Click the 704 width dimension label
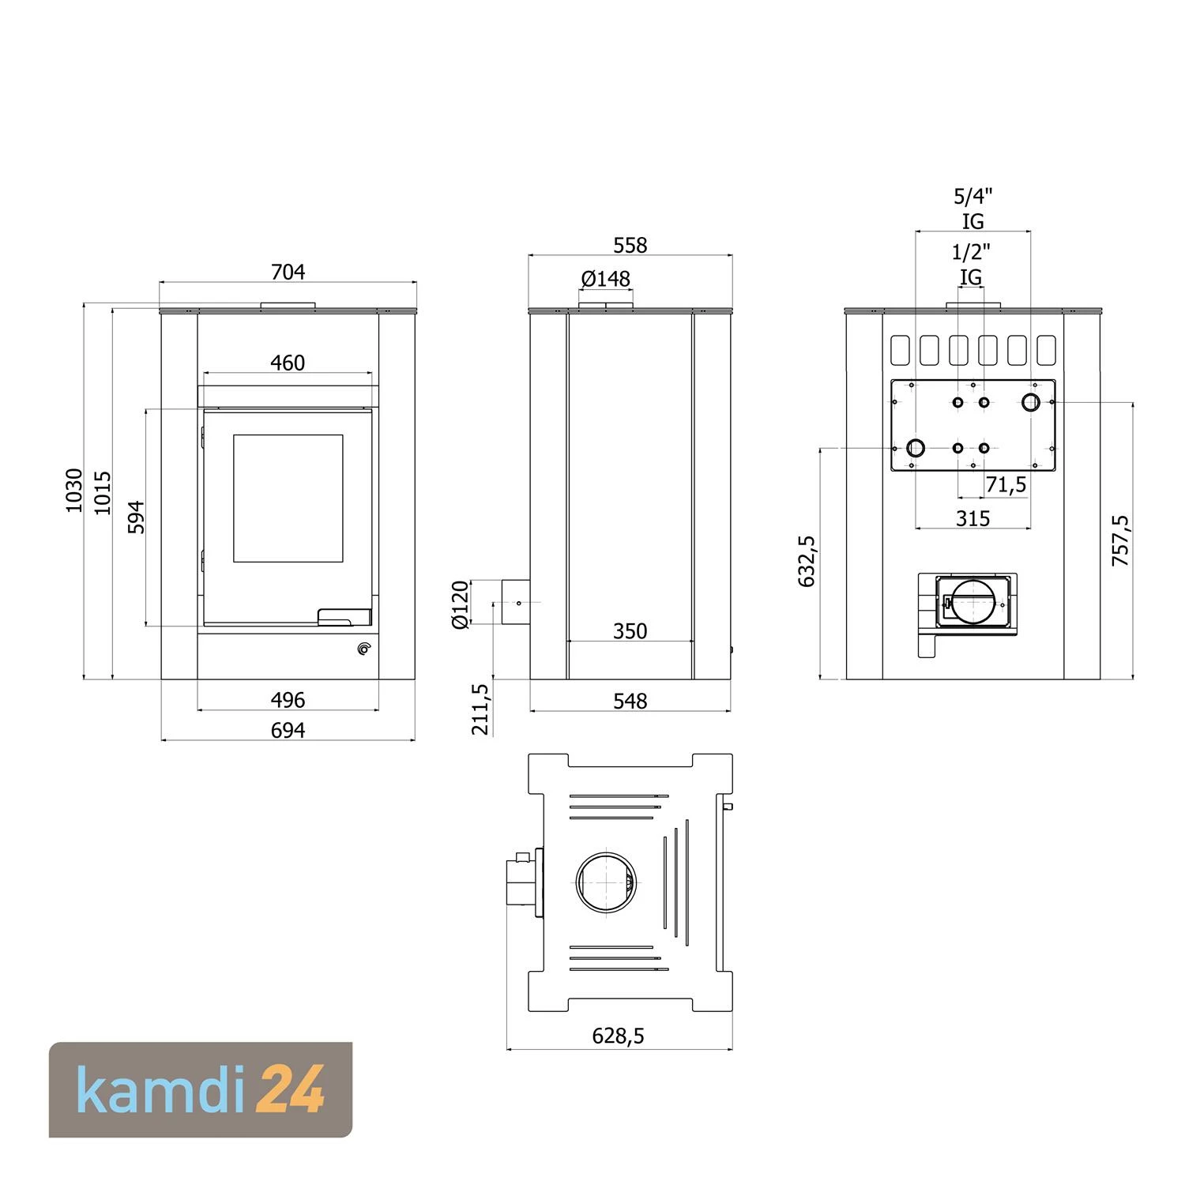(x=288, y=272)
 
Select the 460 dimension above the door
(x=288, y=363)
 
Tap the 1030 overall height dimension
(x=73, y=490)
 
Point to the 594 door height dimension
(x=137, y=517)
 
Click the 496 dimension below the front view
(x=288, y=700)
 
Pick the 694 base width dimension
(x=288, y=730)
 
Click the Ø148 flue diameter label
(x=606, y=279)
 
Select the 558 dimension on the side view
(x=630, y=246)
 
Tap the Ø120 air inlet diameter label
(x=460, y=604)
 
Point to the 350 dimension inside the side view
(x=630, y=631)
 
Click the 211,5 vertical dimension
(x=480, y=709)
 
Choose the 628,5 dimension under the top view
(x=618, y=1036)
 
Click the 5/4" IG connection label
(x=972, y=208)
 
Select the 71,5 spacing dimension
(x=1006, y=485)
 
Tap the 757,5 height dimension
(x=1120, y=540)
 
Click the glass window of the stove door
(x=288, y=498)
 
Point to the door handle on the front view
(x=344, y=617)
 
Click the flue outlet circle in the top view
(x=606, y=882)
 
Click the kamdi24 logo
(x=201, y=1089)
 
